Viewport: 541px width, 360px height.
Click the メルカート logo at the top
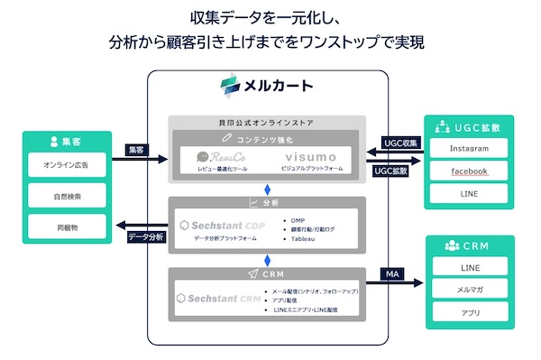click(x=268, y=87)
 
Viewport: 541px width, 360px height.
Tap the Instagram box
click(x=470, y=148)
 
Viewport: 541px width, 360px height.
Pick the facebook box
click(x=470, y=171)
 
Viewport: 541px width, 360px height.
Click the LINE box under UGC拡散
click(x=470, y=193)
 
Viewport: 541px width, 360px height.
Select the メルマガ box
click(x=470, y=290)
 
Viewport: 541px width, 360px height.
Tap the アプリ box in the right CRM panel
click(x=470, y=312)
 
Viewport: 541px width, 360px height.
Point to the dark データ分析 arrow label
click(x=146, y=236)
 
